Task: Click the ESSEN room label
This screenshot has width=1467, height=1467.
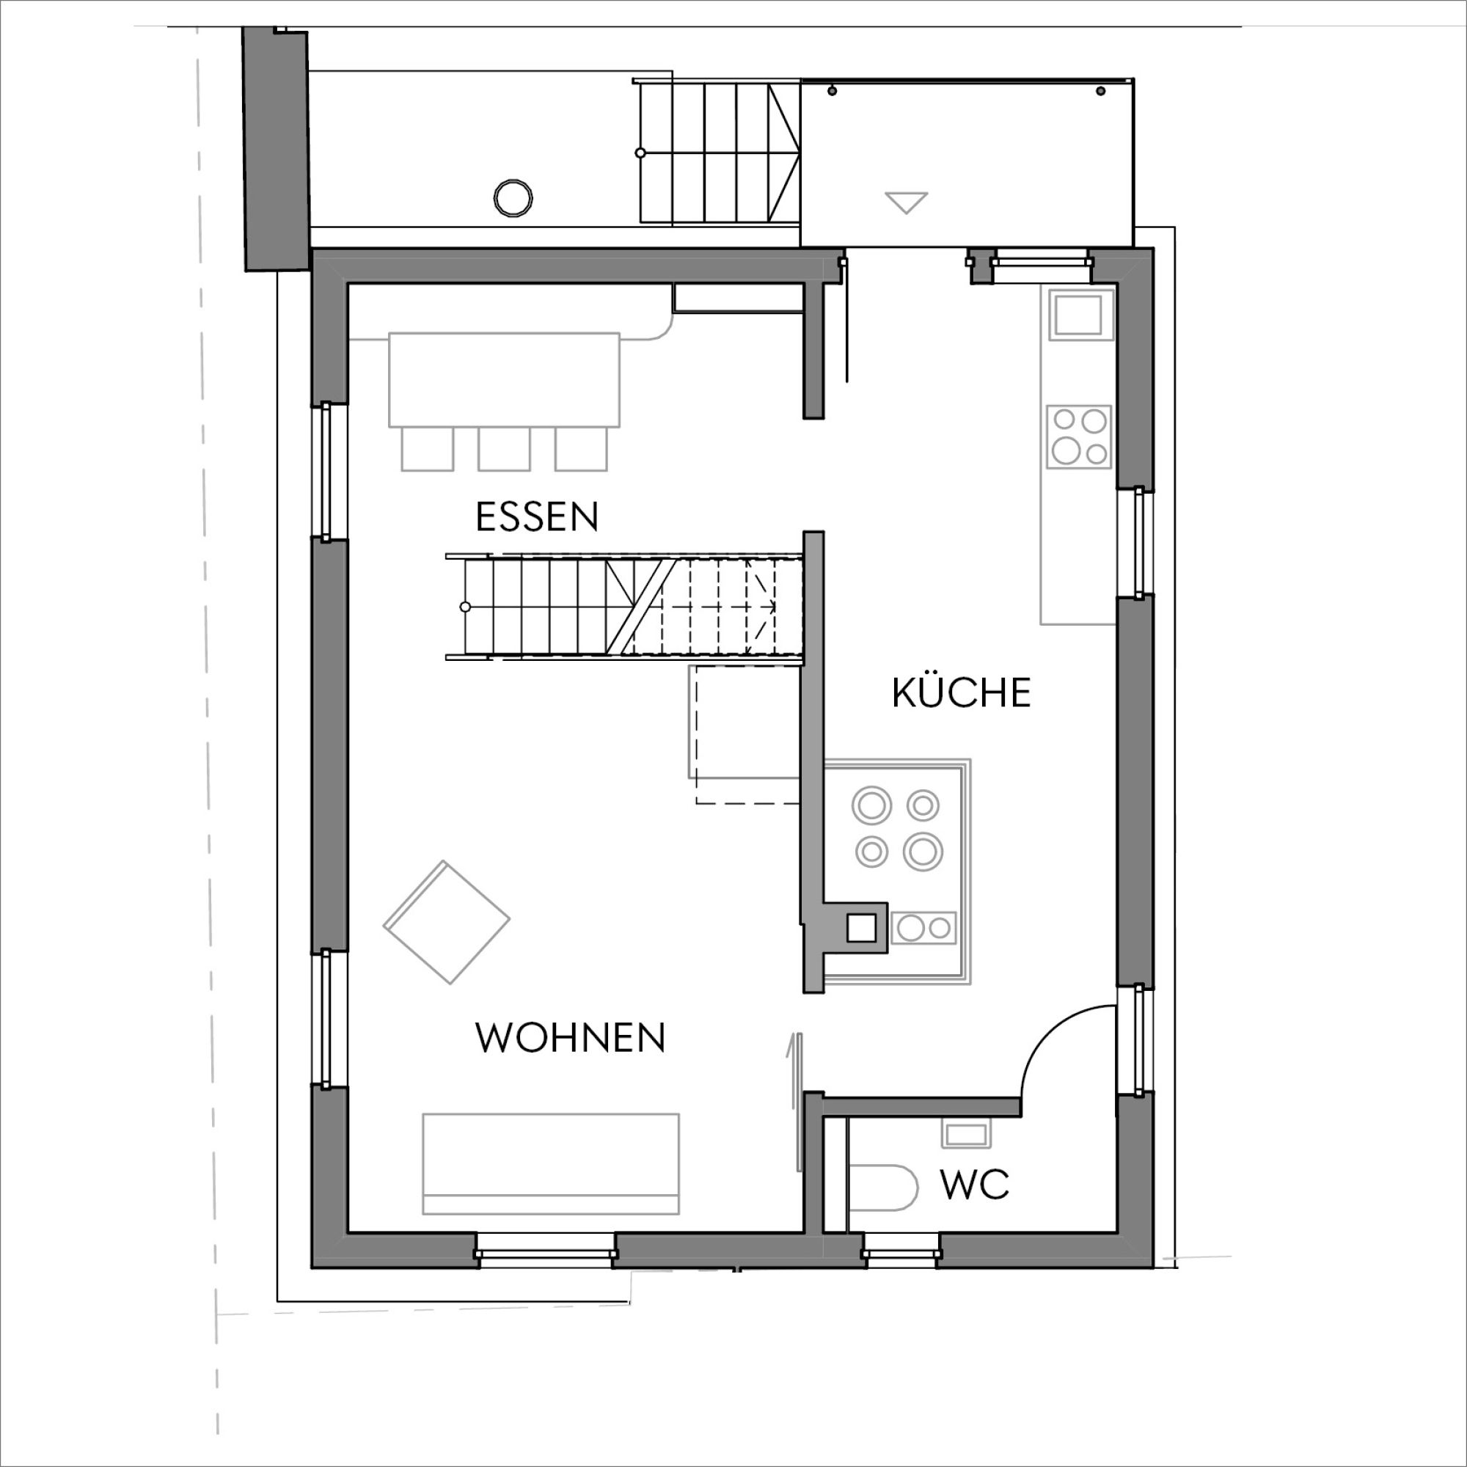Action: tap(537, 517)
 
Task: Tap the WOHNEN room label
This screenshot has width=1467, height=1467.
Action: tap(570, 1038)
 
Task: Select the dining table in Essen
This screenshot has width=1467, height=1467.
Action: tap(504, 380)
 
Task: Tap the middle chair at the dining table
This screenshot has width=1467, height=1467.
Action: tap(504, 449)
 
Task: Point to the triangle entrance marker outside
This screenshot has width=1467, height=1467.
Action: tap(907, 202)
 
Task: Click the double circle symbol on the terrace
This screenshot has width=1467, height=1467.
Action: tap(513, 199)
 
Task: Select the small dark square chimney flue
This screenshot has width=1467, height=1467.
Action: tap(861, 928)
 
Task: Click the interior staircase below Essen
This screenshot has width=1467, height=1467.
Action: tap(624, 607)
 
